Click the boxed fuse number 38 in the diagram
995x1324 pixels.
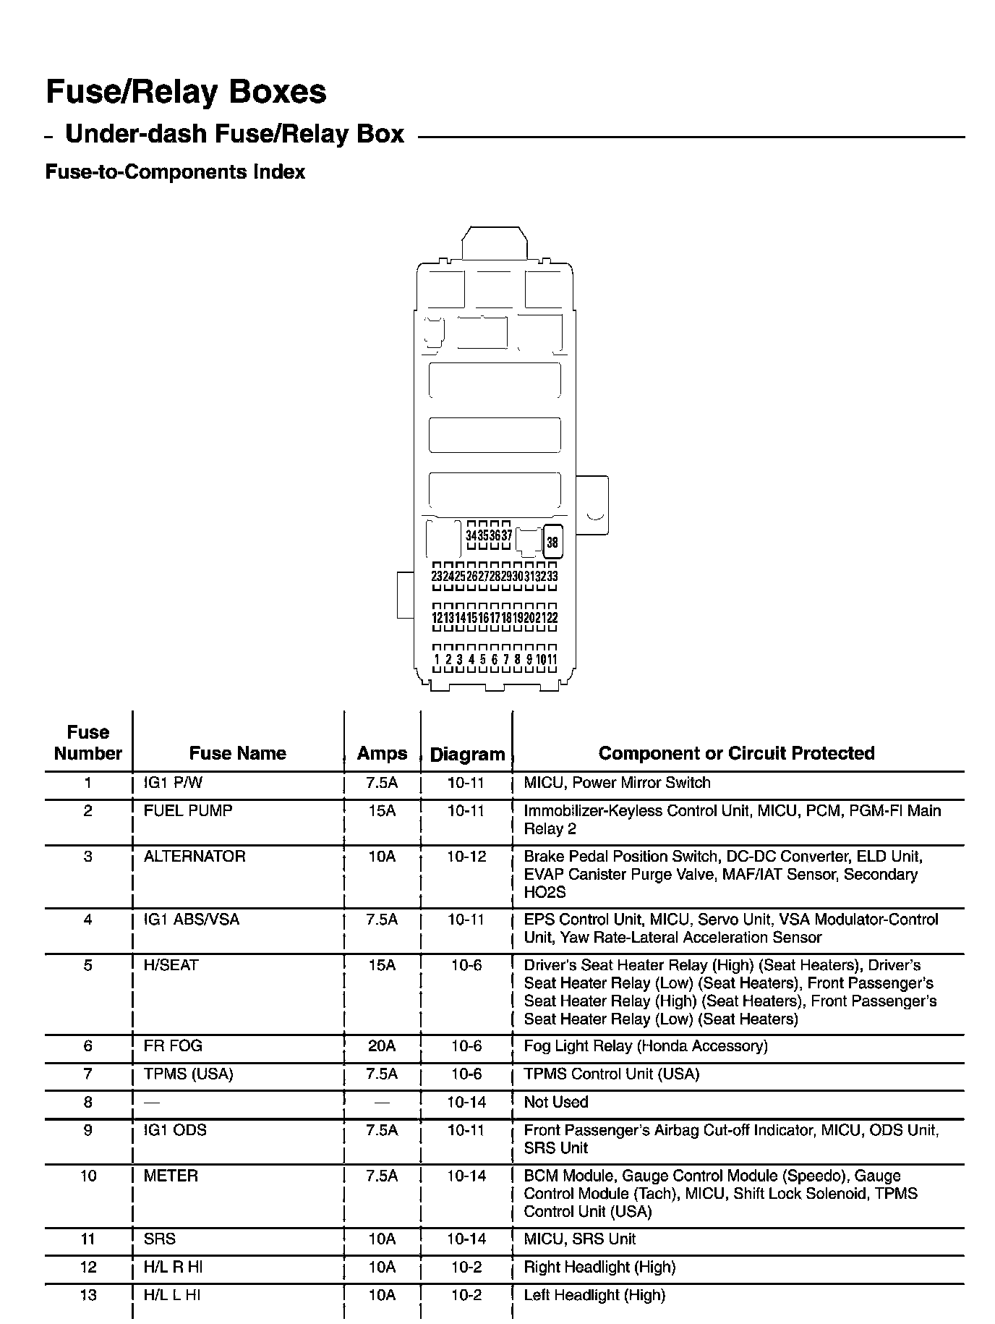tap(552, 543)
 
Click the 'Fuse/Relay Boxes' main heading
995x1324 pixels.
tap(186, 92)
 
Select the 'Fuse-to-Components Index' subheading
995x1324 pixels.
tap(175, 172)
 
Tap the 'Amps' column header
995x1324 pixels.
tap(382, 753)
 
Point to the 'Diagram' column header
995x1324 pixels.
tap(467, 754)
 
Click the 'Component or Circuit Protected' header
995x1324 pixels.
tap(736, 753)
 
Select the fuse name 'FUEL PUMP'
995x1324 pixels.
tap(188, 810)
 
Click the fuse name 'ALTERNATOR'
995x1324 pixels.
tap(195, 856)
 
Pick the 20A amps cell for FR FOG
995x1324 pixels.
tap(382, 1045)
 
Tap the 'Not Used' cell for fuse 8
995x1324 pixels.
tap(555, 1102)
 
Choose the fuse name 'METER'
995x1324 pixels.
tap(171, 1176)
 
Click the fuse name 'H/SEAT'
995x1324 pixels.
tap(171, 965)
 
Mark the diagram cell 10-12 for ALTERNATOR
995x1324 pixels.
tap(466, 856)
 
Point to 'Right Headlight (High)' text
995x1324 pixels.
tap(599, 1267)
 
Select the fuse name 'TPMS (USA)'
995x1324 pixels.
tap(188, 1074)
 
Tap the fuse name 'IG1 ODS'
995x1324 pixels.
tap(175, 1130)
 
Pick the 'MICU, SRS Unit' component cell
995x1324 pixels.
tap(579, 1239)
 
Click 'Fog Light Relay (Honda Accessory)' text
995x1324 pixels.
tap(645, 1045)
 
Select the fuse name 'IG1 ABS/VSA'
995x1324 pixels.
tap(191, 920)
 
